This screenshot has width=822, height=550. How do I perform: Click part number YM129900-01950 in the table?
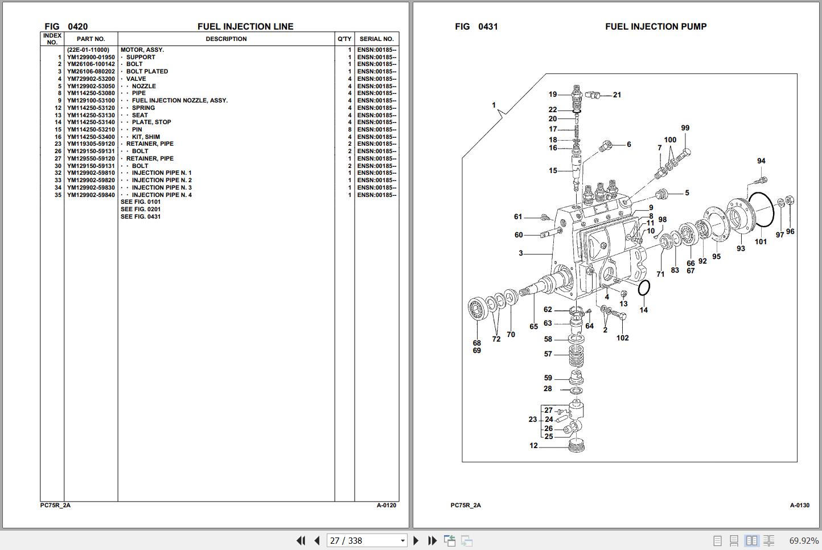point(91,57)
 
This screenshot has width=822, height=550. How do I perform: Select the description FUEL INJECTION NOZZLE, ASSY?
point(179,101)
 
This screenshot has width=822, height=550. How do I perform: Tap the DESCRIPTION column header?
point(226,39)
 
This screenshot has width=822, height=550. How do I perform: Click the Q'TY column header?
point(344,39)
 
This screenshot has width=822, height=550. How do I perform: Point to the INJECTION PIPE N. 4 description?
point(162,195)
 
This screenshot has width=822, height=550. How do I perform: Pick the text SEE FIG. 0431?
point(141,217)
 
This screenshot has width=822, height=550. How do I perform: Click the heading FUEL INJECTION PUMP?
point(656,27)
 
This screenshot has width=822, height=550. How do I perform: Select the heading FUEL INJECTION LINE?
point(245,27)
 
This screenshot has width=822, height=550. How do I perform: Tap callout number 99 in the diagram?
point(685,128)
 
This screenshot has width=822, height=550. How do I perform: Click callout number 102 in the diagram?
point(623,338)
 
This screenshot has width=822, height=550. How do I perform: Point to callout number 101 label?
point(761,242)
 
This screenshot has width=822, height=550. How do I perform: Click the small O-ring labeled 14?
point(644,288)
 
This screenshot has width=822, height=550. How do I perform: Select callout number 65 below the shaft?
point(533,327)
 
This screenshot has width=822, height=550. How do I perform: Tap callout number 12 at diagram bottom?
point(533,446)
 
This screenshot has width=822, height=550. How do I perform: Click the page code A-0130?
point(799,506)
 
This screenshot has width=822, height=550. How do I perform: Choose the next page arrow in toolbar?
point(416,541)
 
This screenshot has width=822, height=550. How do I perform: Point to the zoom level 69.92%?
point(804,541)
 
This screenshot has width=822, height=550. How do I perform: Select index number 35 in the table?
point(58,195)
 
